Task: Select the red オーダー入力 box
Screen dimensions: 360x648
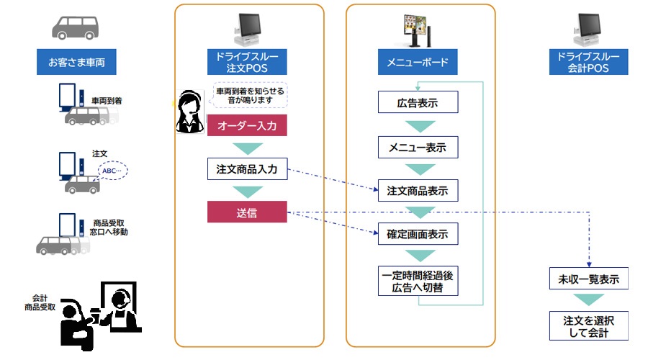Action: pyautogui.click(x=247, y=125)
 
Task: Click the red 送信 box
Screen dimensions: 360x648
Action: pyautogui.click(x=247, y=212)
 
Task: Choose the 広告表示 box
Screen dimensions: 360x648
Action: pyautogui.click(x=418, y=102)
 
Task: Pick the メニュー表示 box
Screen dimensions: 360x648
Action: pyautogui.click(x=418, y=147)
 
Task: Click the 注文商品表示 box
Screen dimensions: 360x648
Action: pyautogui.click(x=418, y=191)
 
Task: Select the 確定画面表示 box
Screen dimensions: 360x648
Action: pyautogui.click(x=418, y=235)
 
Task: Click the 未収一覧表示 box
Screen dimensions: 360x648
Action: pyautogui.click(x=589, y=278)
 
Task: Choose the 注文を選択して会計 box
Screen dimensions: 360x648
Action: pyautogui.click(x=589, y=325)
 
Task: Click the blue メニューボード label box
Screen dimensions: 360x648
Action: pyautogui.click(x=418, y=62)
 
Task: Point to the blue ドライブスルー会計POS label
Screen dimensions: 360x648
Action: pyautogui.click(x=588, y=62)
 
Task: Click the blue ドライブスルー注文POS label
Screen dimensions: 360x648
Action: pyautogui.click(x=247, y=62)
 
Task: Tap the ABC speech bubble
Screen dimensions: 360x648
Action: pyautogui.click(x=112, y=171)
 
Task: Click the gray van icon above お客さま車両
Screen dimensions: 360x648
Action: pyautogui.click(x=76, y=27)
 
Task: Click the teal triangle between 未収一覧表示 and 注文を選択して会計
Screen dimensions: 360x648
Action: pyautogui.click(x=589, y=300)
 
